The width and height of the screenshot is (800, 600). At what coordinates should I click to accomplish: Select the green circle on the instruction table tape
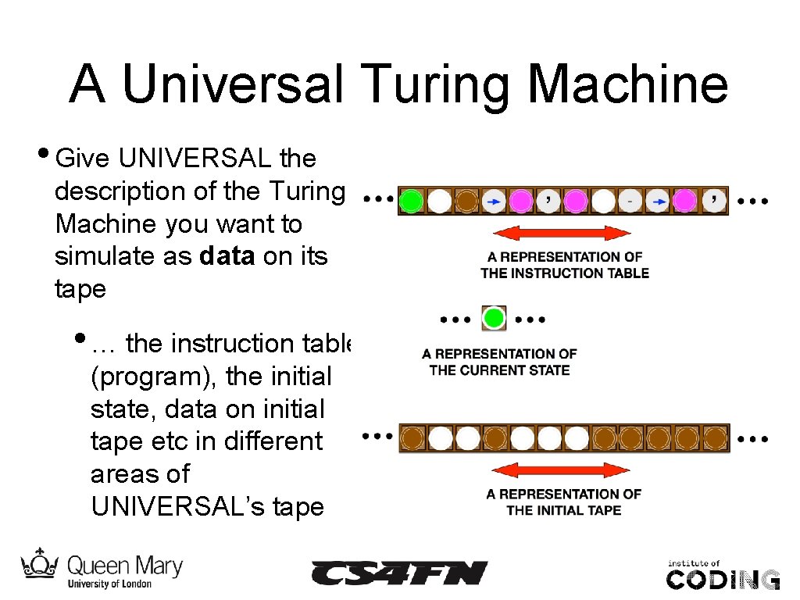click(411, 202)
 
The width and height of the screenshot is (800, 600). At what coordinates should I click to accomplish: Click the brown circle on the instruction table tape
click(466, 202)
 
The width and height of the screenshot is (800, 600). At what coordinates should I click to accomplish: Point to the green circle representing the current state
click(493, 318)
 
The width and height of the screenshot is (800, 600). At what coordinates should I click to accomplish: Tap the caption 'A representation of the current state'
click(499, 362)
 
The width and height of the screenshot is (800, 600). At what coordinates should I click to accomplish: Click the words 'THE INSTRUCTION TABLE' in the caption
click(565, 273)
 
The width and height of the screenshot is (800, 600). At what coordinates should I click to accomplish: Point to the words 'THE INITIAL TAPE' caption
click(563, 511)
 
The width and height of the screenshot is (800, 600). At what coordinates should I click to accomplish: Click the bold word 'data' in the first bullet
click(227, 257)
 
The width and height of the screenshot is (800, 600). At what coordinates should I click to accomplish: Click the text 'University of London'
click(109, 584)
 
